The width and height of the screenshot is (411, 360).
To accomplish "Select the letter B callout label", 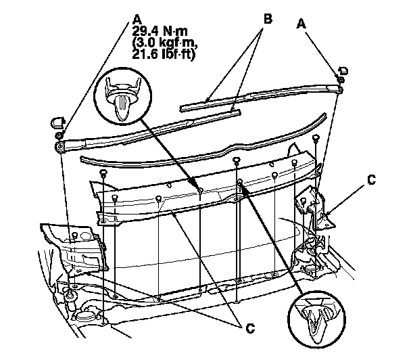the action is click(x=268, y=20).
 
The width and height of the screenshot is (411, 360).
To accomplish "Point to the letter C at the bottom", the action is click(x=251, y=328).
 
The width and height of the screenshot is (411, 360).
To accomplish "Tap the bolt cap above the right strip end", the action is click(x=343, y=71).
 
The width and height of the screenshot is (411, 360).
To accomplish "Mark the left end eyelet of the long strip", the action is click(x=60, y=144).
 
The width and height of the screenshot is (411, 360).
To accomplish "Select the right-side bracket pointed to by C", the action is click(x=315, y=206).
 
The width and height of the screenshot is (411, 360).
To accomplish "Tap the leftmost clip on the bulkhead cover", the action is click(x=103, y=175).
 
